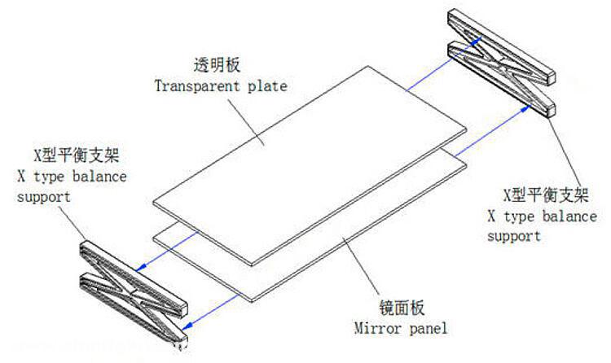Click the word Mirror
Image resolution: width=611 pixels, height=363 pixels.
376,328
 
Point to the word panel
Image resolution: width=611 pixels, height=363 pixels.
429,328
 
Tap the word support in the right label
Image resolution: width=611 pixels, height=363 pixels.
513,236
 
